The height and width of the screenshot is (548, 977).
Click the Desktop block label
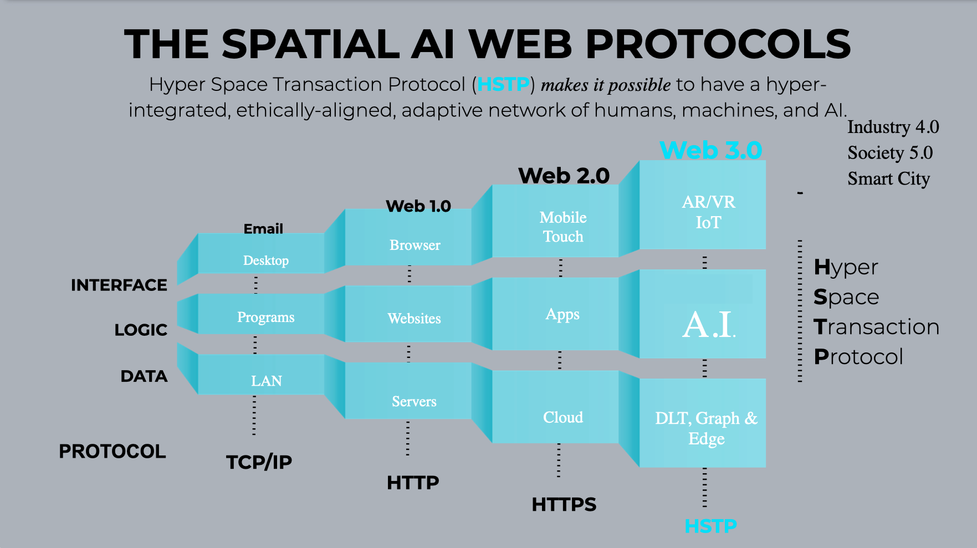click(266, 260)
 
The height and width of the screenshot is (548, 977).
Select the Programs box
click(265, 316)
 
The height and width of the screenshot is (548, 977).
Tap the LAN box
click(266, 380)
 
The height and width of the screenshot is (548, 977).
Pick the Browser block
click(415, 244)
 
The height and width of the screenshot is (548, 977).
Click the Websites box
click(414, 318)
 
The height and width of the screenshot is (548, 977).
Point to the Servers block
click(414, 401)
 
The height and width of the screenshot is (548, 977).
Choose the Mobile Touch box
click(562, 227)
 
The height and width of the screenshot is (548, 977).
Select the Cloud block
click(562, 417)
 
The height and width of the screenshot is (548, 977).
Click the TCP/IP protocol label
click(259, 462)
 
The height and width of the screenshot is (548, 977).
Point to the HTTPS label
click(564, 504)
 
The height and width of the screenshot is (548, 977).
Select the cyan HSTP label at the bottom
click(710, 526)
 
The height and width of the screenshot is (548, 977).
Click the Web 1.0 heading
click(418, 206)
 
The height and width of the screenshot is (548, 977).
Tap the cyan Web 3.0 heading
click(711, 150)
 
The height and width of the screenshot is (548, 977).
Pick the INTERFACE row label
click(119, 285)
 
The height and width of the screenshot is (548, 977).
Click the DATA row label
click(144, 376)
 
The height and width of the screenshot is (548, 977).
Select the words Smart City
click(888, 178)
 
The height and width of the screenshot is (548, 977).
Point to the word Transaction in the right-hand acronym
click(876, 327)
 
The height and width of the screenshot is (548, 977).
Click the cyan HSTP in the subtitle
click(503, 84)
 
